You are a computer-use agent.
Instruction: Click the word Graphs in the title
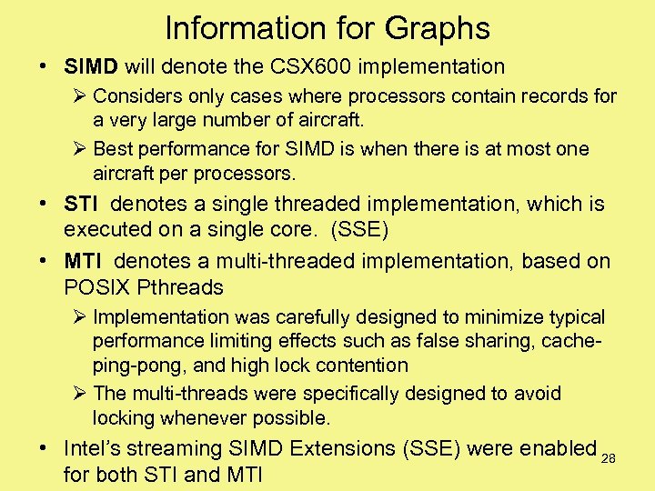(440, 28)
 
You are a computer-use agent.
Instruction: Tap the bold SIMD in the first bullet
(92, 66)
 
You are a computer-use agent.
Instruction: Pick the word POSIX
(96, 286)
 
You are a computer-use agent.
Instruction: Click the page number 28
(609, 458)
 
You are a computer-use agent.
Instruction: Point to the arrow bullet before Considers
(78, 95)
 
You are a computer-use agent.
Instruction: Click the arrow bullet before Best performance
(78, 148)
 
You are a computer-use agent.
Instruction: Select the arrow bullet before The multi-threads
(78, 394)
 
